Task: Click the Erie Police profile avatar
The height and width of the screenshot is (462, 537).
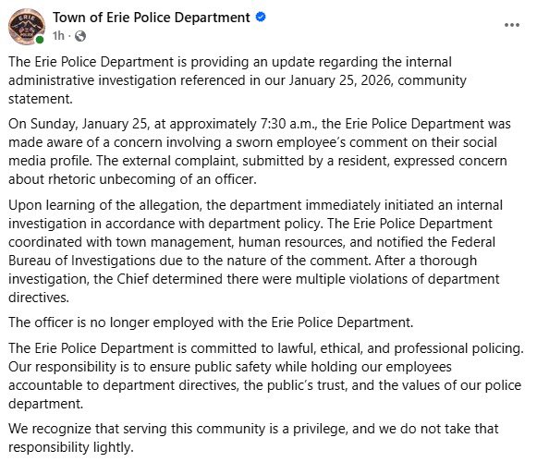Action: (26, 25)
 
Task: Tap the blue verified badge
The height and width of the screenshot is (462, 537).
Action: (262, 18)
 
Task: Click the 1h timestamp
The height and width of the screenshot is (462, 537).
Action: (58, 36)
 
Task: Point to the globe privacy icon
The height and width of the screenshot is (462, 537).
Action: (79, 36)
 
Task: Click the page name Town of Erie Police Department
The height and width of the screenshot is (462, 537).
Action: (151, 18)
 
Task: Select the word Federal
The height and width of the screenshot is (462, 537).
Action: (493, 242)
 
